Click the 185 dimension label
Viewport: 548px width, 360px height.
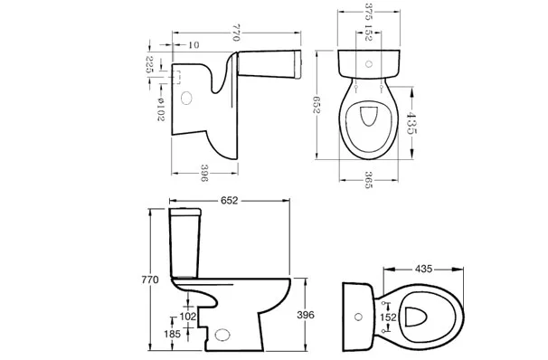click(x=172, y=334)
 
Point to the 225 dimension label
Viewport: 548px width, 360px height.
click(x=149, y=64)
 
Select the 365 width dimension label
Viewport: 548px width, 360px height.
click(x=368, y=180)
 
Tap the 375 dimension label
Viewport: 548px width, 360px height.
click(x=369, y=12)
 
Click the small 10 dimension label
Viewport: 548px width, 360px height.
click(x=194, y=45)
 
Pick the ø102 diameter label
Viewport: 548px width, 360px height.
click(x=160, y=109)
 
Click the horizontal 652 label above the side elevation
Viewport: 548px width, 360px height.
click(x=230, y=201)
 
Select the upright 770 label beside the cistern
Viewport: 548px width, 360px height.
click(x=150, y=279)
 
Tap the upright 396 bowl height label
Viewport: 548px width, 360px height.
click(x=306, y=315)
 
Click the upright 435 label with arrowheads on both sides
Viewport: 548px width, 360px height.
click(x=411, y=123)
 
